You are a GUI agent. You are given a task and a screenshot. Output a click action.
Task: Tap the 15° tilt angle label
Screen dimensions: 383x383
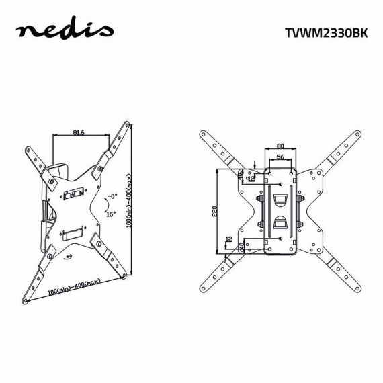[110, 214]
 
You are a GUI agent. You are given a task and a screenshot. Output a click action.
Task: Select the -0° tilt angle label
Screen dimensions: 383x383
[112, 197]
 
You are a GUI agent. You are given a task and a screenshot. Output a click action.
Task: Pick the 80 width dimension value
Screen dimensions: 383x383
[280, 145]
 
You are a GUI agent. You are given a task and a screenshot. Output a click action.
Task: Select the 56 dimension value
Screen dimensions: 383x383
[280, 157]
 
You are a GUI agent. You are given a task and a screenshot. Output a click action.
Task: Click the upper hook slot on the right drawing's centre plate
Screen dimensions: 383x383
[281, 200]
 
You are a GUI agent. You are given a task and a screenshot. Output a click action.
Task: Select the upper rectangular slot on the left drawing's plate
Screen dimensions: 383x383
[74, 195]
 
